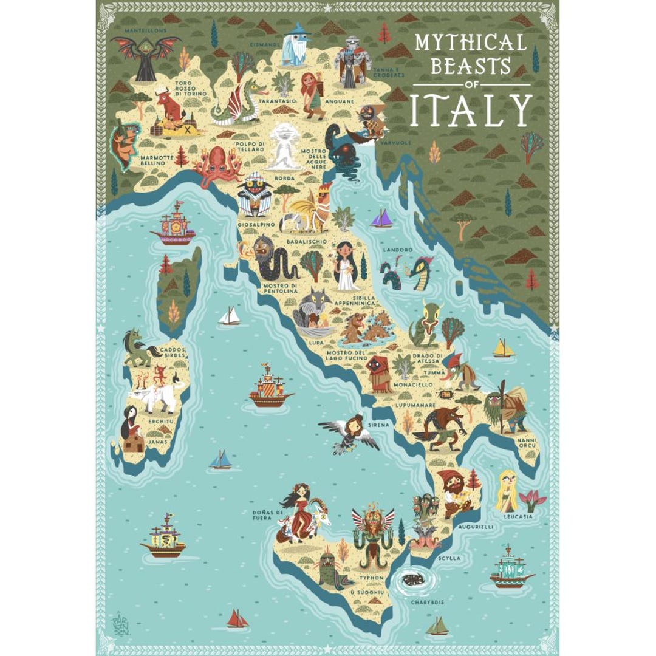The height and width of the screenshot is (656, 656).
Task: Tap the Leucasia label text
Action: point(518,516)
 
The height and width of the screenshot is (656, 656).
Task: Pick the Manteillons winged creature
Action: point(145,56)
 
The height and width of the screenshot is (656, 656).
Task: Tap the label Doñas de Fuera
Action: point(268,515)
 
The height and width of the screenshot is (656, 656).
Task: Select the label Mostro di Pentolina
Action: point(280,288)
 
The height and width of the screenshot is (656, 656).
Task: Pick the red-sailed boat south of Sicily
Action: point(237,619)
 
